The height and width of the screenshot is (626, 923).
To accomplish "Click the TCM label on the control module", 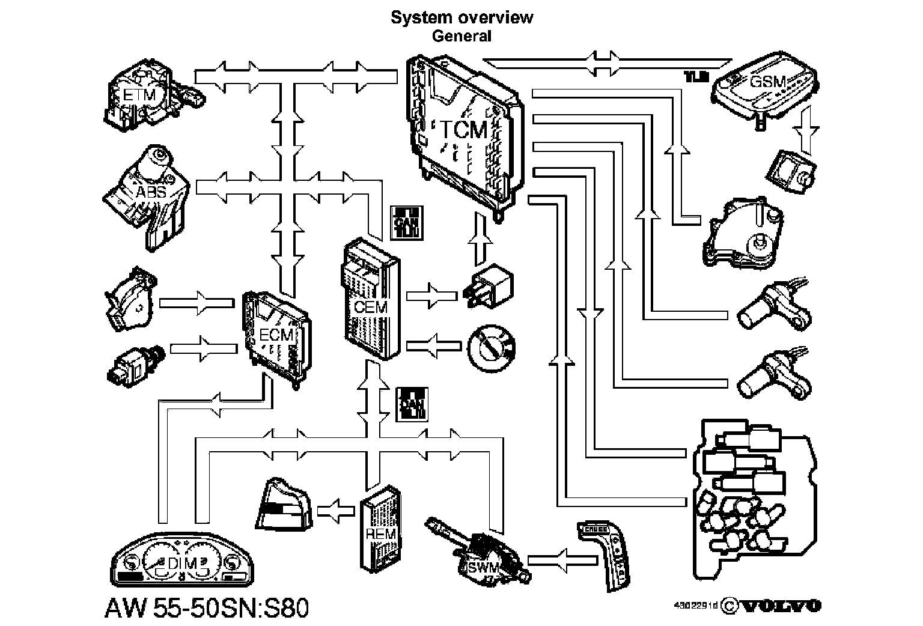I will point(462,130).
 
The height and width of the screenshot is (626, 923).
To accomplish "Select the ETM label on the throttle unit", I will point(139,94).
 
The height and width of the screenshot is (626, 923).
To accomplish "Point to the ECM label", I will point(276,335).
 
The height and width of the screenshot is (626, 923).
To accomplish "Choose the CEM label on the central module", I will point(371,307).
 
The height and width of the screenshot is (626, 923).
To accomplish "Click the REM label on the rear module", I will point(381,533).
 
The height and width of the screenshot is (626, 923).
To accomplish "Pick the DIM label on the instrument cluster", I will point(183,563).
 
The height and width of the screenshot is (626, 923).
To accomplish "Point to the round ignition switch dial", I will point(491,346).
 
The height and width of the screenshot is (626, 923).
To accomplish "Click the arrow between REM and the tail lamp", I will point(336,510).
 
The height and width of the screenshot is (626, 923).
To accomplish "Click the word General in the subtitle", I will point(461,35).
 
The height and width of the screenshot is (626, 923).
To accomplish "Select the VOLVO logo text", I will point(780,605).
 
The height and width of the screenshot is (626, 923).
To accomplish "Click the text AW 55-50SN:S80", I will point(207,607).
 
